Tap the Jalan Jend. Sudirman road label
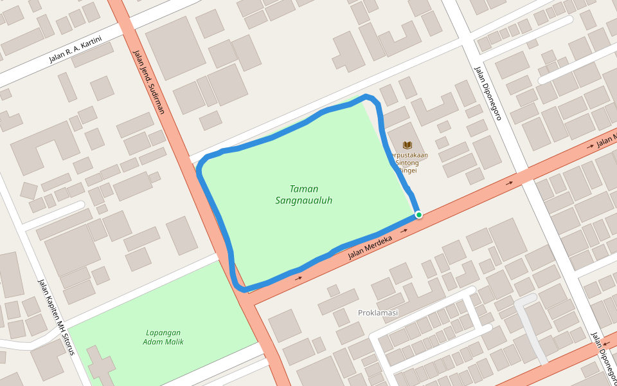[x=148, y=82]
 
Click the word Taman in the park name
[x=304, y=188]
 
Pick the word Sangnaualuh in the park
[x=304, y=200]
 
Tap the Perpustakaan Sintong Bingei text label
[x=407, y=163]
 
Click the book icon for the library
[x=407, y=145]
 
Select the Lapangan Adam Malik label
[x=163, y=337]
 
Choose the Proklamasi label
[x=378, y=313]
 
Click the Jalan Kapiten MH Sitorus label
[x=57, y=317]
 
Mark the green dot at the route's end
[x=418, y=214]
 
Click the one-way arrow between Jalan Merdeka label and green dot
[x=404, y=230]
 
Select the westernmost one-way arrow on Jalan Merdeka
[x=298, y=279]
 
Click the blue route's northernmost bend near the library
[x=368, y=97]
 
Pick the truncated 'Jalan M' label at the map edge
[x=606, y=140]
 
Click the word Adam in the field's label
[x=154, y=342]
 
